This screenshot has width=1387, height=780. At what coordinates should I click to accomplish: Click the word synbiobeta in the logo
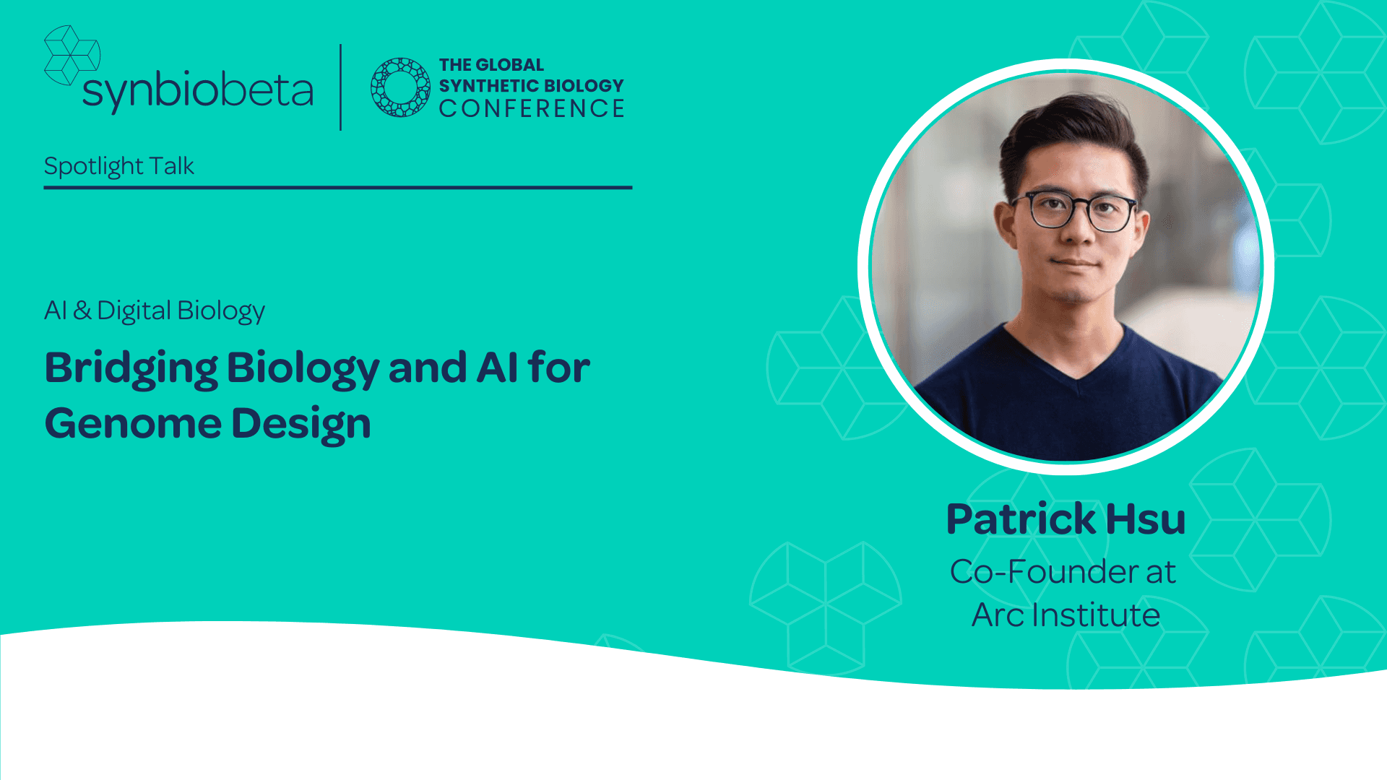click(x=197, y=90)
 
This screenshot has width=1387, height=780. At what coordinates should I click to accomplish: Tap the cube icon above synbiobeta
click(x=71, y=54)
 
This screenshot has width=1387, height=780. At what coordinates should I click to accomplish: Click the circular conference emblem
click(x=399, y=87)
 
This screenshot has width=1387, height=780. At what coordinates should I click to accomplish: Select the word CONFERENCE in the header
click(x=532, y=109)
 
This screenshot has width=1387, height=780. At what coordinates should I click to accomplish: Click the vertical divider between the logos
click(x=340, y=87)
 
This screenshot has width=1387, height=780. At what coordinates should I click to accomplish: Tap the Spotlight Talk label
click(x=119, y=166)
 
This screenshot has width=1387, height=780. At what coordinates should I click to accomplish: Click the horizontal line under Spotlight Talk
click(x=337, y=188)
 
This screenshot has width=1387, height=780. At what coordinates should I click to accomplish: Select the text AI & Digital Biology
click(x=155, y=311)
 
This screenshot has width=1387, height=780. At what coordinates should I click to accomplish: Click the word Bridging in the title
click(x=131, y=368)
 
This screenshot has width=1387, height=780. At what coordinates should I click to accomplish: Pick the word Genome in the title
click(x=133, y=423)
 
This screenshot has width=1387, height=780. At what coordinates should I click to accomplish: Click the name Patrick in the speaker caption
click(x=1021, y=519)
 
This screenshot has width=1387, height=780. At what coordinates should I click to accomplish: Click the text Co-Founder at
click(x=1063, y=572)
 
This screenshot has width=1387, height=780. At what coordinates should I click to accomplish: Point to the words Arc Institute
click(x=1066, y=615)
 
